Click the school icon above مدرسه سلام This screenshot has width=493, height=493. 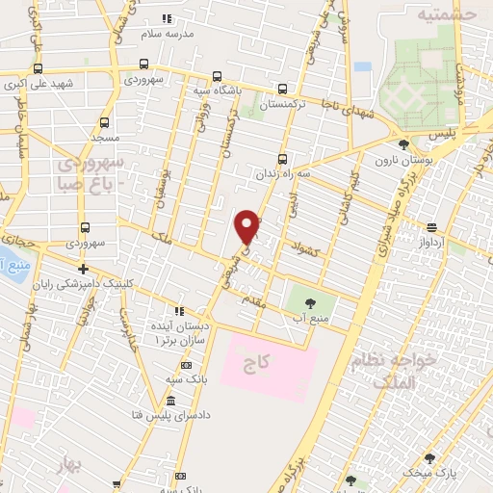click(x=168, y=18)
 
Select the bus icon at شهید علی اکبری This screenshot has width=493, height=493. click(x=38, y=69)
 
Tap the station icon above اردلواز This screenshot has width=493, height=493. click(x=431, y=227)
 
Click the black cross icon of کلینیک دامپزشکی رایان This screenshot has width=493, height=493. click(x=84, y=270)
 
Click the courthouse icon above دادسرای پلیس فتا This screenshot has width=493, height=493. click(x=170, y=401)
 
